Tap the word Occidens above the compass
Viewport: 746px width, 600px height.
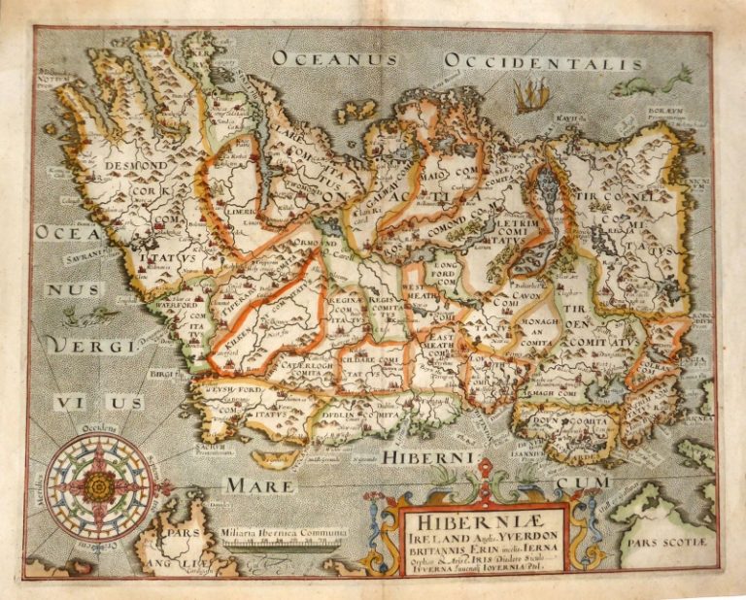pyautogui.click(x=97, y=427)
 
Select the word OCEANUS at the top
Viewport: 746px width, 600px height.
pyautogui.click(x=335, y=58)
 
